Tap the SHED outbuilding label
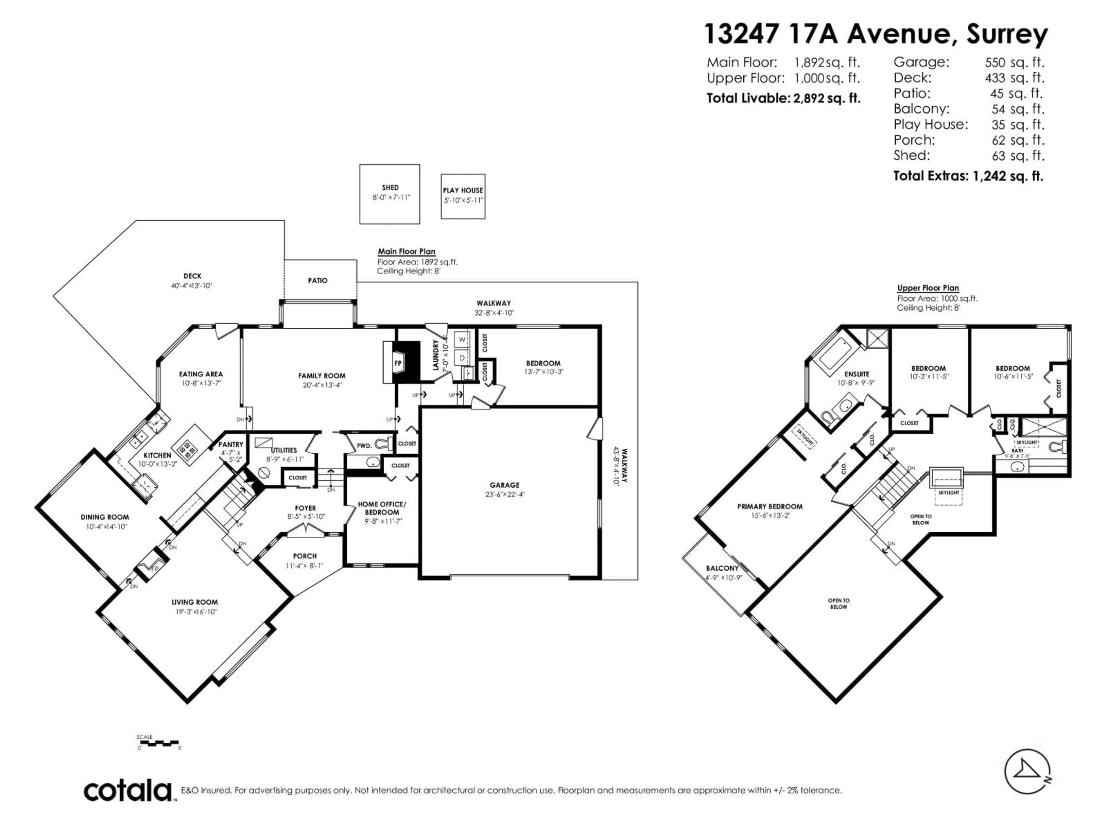(x=390, y=188)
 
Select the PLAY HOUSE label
(x=463, y=190)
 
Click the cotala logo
(x=128, y=791)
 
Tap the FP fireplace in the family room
(x=399, y=363)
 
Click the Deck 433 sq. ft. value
(x=1014, y=78)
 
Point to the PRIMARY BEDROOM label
(x=770, y=506)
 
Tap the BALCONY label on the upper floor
(x=722, y=568)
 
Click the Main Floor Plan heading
(x=406, y=252)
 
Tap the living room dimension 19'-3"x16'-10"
(x=194, y=611)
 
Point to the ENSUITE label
(x=857, y=374)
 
